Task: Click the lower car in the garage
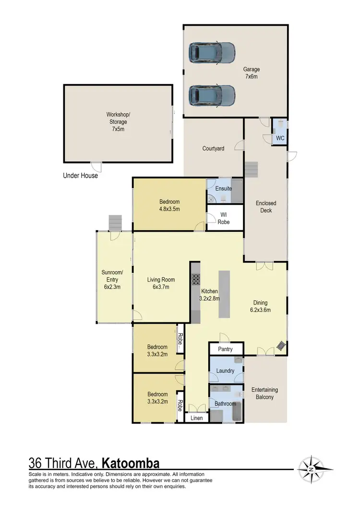pos(212,95)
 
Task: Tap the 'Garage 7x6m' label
pos(251,73)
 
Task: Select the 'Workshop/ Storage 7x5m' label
pos(118,122)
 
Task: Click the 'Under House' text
pos(80,176)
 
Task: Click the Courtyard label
pos(213,149)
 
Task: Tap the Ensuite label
pos(223,189)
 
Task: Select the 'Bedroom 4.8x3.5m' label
pos(169,205)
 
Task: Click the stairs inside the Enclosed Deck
pos(252,169)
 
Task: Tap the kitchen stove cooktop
pos(196,280)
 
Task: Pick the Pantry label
pos(225,349)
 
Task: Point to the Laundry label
pos(225,371)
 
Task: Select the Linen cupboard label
pos(197,418)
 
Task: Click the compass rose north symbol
pos(312,468)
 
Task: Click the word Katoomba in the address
pos(131,463)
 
